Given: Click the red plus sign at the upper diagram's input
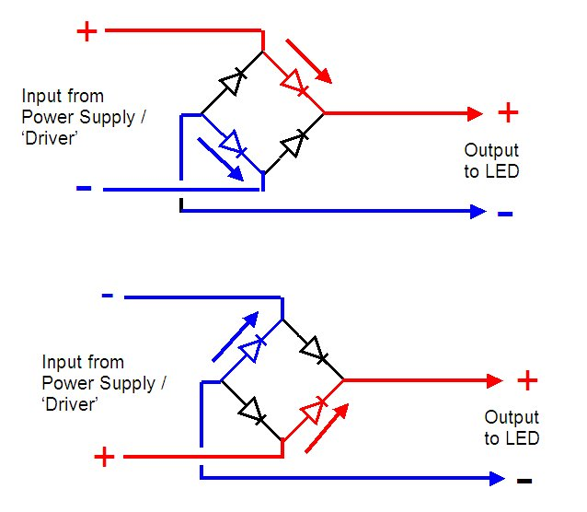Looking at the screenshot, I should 86,32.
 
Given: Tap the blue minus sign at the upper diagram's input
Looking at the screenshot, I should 84,189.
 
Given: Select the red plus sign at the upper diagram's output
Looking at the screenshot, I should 508,112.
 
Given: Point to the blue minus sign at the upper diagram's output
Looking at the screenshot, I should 505,214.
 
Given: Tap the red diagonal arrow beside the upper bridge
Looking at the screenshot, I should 305,59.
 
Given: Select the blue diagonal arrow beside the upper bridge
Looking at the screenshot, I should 221,163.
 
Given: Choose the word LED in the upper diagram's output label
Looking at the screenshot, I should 503,170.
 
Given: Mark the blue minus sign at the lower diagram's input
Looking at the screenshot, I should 108,296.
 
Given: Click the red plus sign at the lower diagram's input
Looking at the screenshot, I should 104,456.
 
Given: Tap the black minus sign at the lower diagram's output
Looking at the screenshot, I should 524,480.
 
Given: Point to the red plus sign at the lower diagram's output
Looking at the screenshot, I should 527,379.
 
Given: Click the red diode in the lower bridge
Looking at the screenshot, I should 314,409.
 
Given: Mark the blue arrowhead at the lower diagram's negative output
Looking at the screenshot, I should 497,479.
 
